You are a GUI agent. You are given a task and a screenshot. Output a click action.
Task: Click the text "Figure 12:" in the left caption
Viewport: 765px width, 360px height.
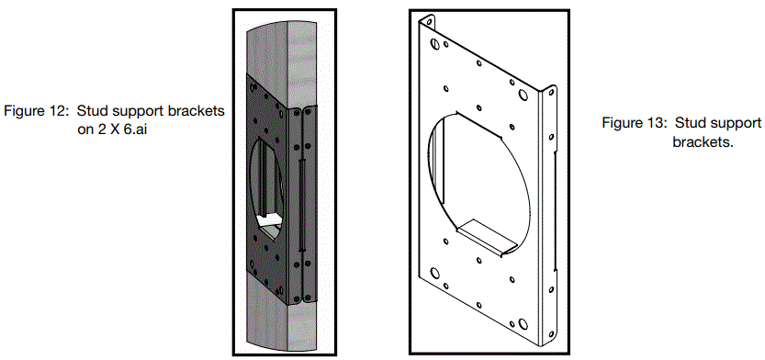click(x=35, y=111)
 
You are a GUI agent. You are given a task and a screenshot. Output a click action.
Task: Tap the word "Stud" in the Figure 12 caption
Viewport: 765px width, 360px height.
click(x=87, y=111)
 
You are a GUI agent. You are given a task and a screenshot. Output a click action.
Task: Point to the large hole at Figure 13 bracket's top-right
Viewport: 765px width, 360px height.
click(x=523, y=94)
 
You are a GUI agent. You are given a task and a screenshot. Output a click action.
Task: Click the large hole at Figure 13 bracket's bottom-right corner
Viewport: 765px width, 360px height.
click(x=522, y=323)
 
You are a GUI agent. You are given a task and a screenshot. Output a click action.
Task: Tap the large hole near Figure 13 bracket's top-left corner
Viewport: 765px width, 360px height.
click(x=432, y=41)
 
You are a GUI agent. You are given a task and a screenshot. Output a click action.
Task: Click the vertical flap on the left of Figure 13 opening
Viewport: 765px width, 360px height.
click(x=438, y=174)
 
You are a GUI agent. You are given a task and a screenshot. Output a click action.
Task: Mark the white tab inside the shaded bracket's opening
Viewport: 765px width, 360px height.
click(x=270, y=221)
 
